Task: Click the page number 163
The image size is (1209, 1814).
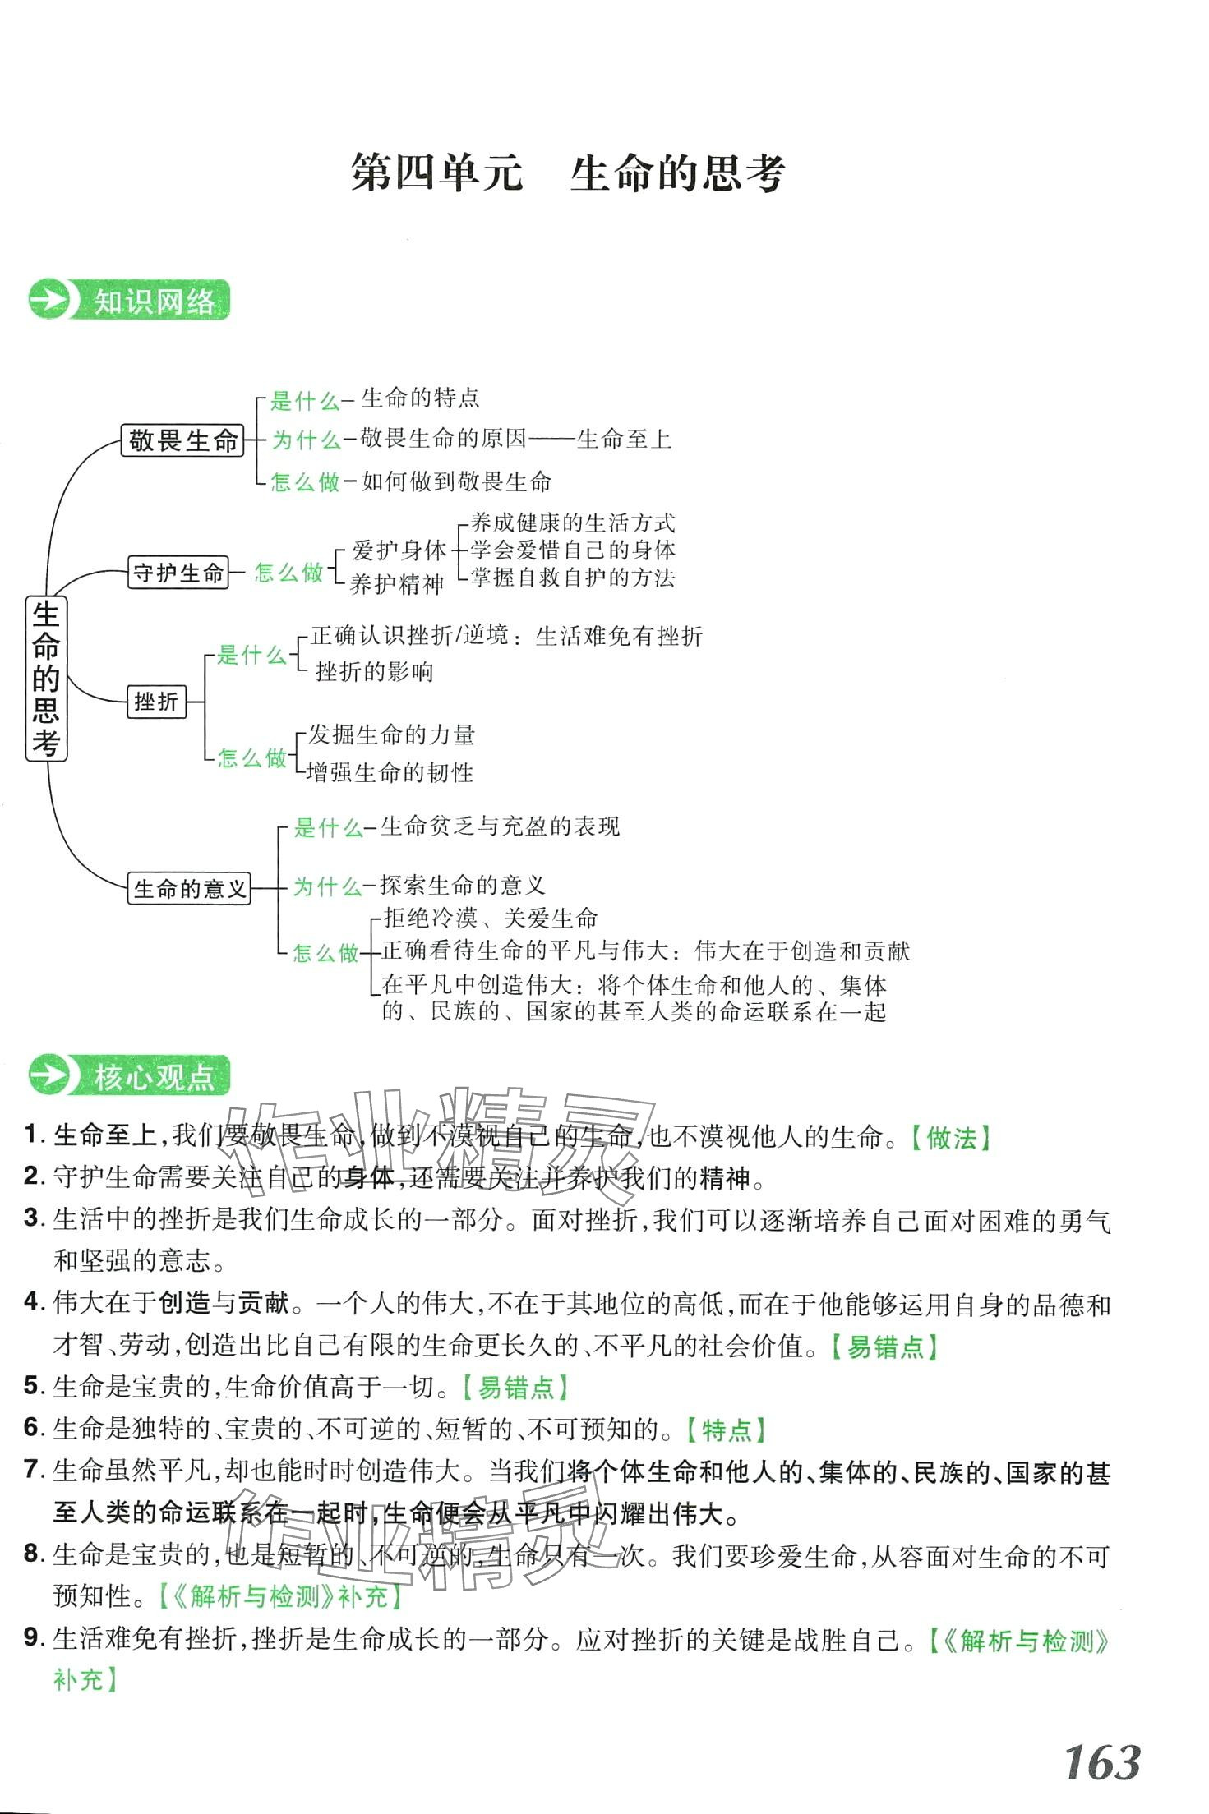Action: [1102, 1761]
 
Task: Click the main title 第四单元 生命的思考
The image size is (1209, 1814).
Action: [568, 173]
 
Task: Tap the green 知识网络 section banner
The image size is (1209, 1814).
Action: [130, 301]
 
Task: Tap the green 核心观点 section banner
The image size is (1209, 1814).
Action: [130, 1075]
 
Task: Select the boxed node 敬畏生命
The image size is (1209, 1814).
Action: [182, 440]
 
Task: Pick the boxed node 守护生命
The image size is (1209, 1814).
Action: [178, 572]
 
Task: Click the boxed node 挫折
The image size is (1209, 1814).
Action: [156, 702]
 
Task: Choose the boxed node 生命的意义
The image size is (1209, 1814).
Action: [189, 888]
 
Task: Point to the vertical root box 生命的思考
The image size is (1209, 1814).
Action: [46, 678]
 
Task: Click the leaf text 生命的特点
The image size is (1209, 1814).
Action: [420, 398]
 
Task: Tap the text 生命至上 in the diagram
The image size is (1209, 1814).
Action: [624, 439]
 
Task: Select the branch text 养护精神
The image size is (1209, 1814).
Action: [396, 584]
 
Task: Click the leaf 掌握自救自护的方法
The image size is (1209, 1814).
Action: [573, 578]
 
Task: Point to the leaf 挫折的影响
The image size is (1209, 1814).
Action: [374, 672]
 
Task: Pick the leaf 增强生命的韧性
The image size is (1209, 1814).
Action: [390, 772]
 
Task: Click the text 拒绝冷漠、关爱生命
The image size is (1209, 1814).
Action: [491, 918]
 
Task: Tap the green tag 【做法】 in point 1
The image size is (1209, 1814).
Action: [951, 1138]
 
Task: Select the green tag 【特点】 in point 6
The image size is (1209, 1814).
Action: [726, 1430]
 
